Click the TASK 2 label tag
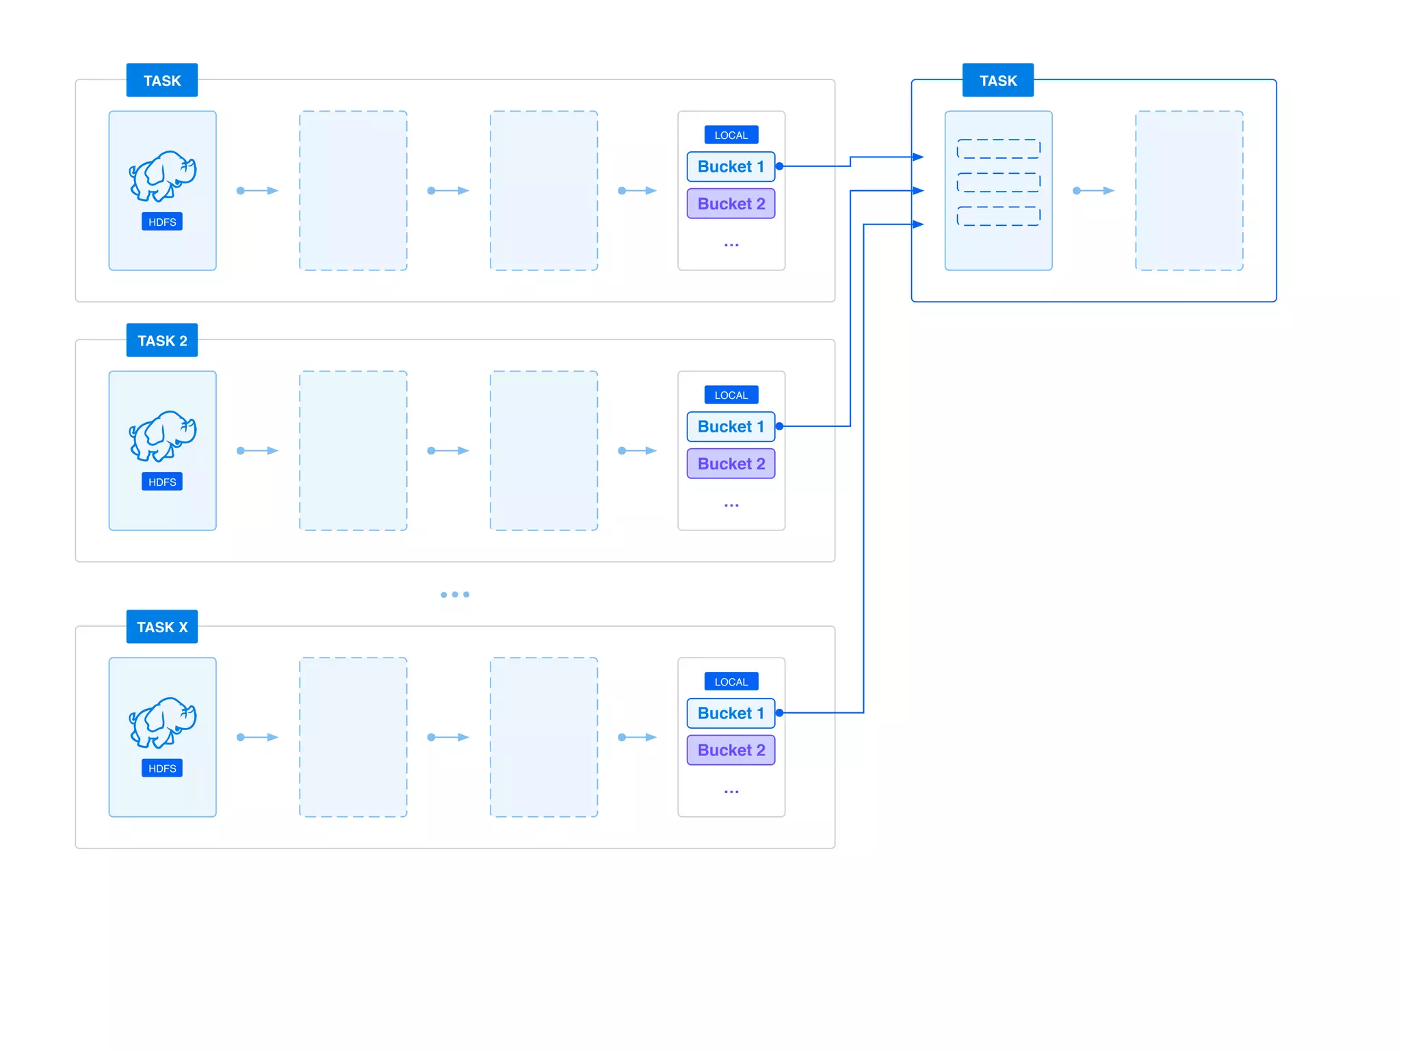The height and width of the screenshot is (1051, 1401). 162,340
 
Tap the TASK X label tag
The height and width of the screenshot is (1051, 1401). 162,627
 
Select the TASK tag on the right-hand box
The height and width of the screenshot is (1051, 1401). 997,81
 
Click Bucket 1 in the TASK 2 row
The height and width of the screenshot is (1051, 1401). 731,426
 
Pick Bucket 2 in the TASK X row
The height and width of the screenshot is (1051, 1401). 731,750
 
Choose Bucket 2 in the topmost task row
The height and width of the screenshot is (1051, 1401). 731,204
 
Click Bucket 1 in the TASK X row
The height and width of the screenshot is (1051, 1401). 731,713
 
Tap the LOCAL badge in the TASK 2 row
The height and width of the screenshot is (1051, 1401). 731,395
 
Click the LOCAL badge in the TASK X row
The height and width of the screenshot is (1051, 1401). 731,682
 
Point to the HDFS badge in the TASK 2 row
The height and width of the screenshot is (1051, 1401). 162,482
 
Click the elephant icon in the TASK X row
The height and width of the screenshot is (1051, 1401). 163,722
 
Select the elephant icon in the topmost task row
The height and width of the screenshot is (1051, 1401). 163,176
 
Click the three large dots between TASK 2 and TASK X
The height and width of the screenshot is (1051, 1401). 455,595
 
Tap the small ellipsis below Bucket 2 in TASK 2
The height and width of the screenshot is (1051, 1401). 731,505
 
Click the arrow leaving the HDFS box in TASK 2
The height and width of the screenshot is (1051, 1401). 258,450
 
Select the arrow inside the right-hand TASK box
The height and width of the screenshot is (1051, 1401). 1093,190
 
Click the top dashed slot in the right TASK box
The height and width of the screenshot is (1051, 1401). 998,148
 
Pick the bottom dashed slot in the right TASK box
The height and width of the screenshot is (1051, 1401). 998,216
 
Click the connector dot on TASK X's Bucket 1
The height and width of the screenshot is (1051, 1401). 779,713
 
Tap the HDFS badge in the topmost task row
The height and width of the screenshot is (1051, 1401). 162,222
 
